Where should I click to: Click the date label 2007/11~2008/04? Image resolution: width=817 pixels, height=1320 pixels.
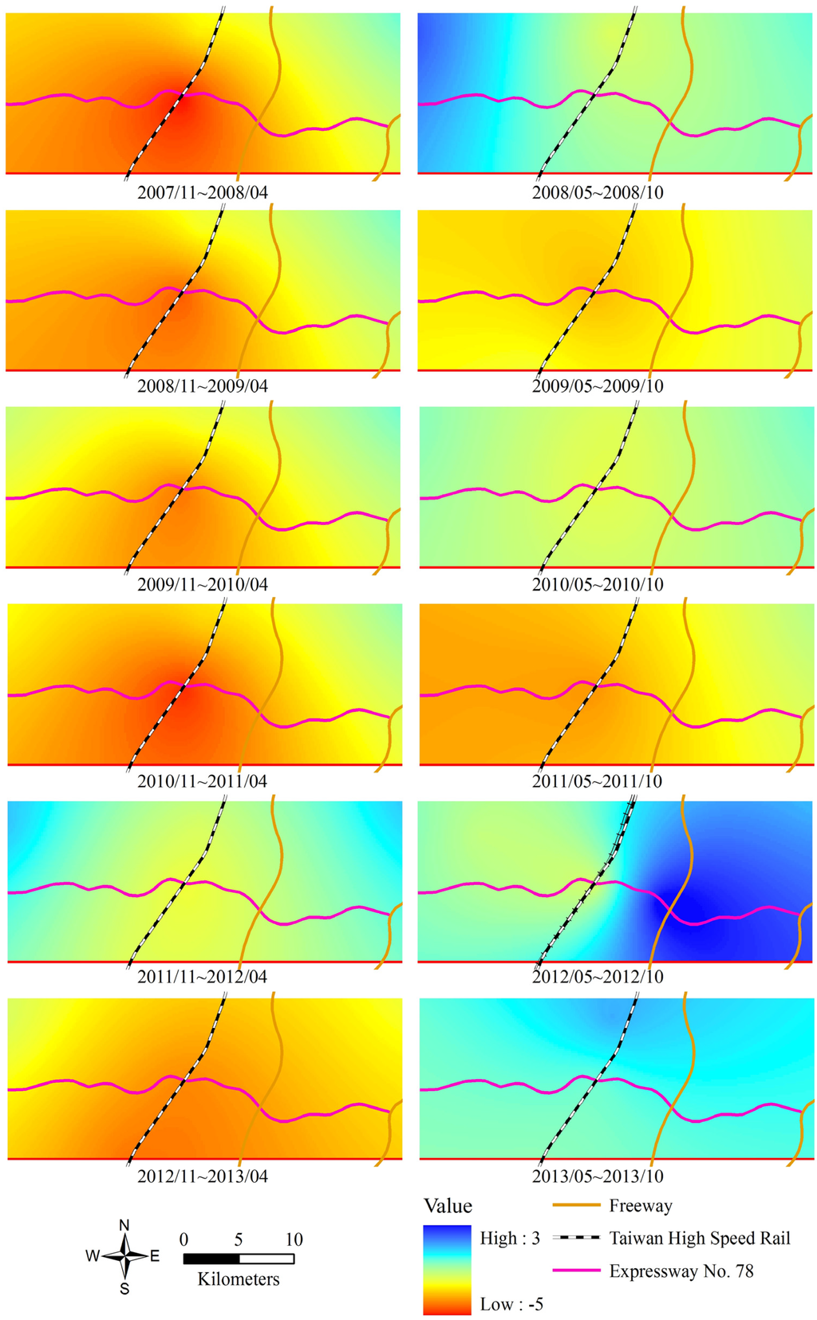(203, 192)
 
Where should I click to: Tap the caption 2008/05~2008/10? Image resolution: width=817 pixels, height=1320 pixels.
(598, 192)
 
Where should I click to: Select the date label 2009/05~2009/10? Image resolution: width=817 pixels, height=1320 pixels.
(598, 386)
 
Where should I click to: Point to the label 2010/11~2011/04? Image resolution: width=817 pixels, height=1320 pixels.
(203, 781)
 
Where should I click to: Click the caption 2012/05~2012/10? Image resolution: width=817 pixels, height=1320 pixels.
(598, 977)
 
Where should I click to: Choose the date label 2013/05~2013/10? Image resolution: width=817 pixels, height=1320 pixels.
(598, 1176)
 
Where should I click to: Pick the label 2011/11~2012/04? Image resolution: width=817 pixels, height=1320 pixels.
(203, 977)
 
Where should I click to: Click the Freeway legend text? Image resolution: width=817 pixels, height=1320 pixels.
(640, 1206)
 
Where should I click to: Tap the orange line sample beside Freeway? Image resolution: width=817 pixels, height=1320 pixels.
(576, 1206)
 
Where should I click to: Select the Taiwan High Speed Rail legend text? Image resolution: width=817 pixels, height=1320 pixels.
(700, 1239)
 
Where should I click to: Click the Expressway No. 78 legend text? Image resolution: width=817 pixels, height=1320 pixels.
(681, 1271)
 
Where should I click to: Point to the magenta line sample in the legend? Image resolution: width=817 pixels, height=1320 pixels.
(576, 1271)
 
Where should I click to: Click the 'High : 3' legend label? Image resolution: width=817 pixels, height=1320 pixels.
(510, 1239)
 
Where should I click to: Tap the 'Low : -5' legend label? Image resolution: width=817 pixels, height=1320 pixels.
(511, 1305)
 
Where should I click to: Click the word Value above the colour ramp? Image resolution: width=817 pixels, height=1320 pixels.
(448, 1206)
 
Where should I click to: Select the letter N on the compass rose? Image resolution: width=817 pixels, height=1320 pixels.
(124, 1226)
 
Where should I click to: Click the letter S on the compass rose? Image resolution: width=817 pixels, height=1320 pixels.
(124, 1288)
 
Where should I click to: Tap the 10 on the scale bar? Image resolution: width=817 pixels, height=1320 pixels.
(294, 1240)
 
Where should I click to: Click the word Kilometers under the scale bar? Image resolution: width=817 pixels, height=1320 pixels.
(239, 1280)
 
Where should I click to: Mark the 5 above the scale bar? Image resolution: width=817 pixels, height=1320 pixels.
(239, 1240)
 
